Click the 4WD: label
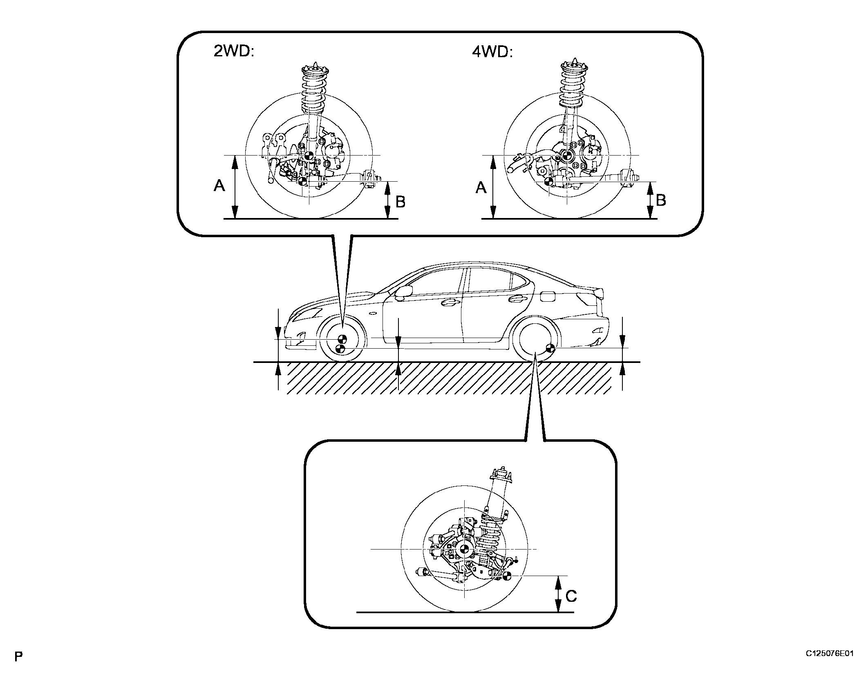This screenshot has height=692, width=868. pos(492,52)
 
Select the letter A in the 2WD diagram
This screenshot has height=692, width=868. pos(219,187)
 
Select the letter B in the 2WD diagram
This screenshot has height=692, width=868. pos(400,201)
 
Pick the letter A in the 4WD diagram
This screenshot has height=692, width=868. pos(481,188)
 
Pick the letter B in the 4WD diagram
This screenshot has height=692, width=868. pos(660,200)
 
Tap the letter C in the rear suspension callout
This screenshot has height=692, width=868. pos(571,596)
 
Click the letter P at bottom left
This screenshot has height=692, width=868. pos(18,668)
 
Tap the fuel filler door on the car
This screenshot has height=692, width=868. pos(548,297)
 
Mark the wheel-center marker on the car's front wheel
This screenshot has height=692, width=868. pos(342,339)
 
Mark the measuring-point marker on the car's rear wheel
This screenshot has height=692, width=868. pos(550,348)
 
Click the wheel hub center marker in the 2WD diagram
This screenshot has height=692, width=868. pos(309,156)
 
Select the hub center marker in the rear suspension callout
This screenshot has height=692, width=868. pos(464,549)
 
